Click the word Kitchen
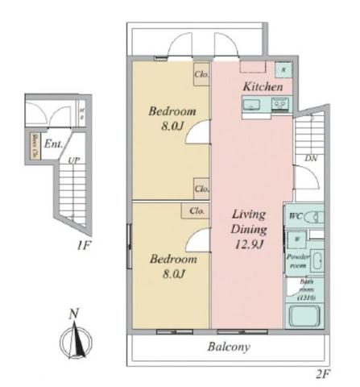262,86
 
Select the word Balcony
226,347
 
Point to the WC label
295,217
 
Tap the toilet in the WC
315,217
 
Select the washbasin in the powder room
317,262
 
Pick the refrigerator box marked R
283,69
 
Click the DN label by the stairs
311,159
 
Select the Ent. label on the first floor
54,145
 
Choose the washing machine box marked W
296,239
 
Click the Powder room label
296,260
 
